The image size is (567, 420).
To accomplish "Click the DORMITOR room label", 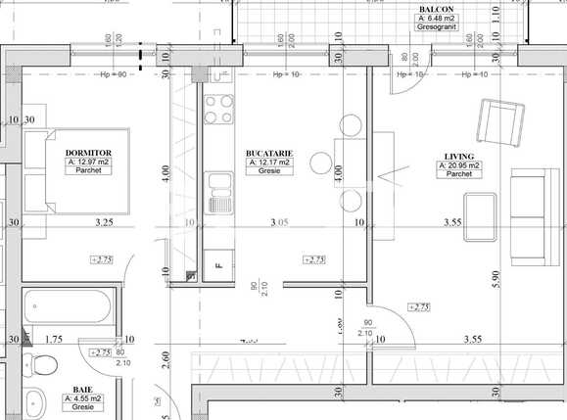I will (x=88, y=154).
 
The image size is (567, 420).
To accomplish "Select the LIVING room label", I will (x=459, y=157).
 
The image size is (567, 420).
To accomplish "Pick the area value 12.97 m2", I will (x=88, y=162).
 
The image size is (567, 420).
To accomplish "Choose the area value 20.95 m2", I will (x=459, y=165).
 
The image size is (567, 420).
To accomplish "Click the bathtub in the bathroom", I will (x=69, y=310).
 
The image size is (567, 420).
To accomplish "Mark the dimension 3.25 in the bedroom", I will (x=104, y=223).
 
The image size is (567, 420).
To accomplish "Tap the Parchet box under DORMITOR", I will (x=88, y=170).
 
